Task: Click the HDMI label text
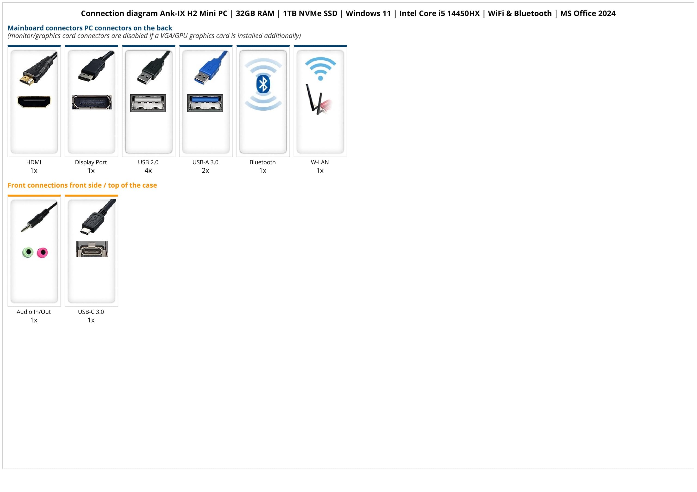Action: pos(34,162)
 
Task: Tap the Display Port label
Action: pos(91,162)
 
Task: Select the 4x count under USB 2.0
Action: pos(148,171)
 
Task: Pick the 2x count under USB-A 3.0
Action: pos(206,171)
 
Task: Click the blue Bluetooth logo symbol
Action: pos(263,84)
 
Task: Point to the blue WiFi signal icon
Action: pos(320,69)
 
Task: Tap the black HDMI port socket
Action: pos(34,102)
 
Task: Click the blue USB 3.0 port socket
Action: pos(205,103)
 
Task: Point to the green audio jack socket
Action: pos(28,252)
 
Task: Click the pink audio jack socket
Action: pos(42,252)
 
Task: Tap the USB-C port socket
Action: pos(92,249)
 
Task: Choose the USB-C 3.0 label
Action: pos(91,312)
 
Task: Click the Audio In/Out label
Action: pos(34,312)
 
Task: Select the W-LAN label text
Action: pos(320,162)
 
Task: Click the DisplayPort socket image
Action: pos(92,102)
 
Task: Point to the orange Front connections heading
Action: pos(82,185)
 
